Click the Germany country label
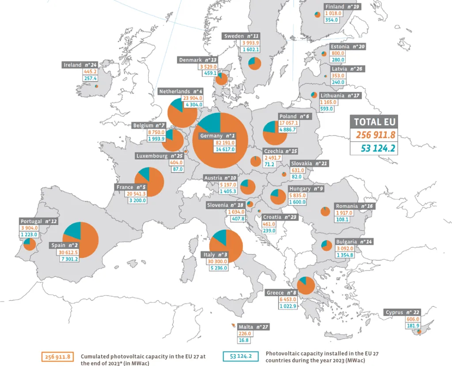(218, 136)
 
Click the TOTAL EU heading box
(373, 121)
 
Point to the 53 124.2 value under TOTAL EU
(373, 148)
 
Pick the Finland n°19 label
(342, 7)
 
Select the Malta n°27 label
(253, 327)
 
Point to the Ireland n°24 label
(80, 65)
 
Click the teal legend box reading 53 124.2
(241, 356)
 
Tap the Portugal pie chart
(30, 244)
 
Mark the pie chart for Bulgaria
(327, 245)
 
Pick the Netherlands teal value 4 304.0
(193, 105)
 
